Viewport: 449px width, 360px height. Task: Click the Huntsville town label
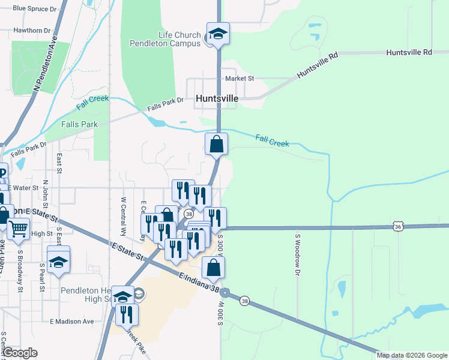click(x=217, y=98)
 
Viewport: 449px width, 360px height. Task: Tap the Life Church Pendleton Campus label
click(x=166, y=39)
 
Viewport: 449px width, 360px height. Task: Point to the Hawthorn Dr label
click(x=32, y=30)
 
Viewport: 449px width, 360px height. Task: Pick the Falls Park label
click(x=79, y=124)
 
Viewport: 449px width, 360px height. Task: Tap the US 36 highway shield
click(x=398, y=226)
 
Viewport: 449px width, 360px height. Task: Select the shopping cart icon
click(x=19, y=229)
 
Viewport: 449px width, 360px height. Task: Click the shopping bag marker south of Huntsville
click(x=216, y=145)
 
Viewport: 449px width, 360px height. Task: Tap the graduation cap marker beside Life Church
click(x=218, y=34)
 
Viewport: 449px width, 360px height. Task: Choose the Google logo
click(x=20, y=353)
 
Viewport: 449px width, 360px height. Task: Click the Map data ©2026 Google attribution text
click(x=412, y=355)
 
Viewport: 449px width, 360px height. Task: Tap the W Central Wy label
click(x=123, y=216)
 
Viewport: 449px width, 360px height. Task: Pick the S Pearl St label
click(x=42, y=277)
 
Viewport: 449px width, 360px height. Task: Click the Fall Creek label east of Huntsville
click(x=272, y=141)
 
